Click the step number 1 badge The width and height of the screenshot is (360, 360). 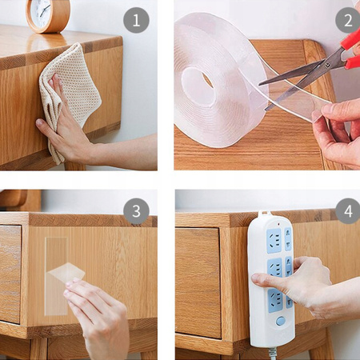(x=136, y=20)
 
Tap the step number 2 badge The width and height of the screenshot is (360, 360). (x=347, y=20)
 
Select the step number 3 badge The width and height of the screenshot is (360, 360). (x=136, y=211)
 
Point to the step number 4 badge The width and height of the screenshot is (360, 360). (x=348, y=211)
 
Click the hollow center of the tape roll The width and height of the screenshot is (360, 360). (x=199, y=86)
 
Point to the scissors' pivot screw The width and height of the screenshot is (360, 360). (x=327, y=65)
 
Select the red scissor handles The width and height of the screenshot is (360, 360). (x=350, y=50)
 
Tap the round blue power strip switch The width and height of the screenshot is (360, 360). (x=280, y=321)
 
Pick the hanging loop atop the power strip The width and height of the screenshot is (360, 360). (x=264, y=213)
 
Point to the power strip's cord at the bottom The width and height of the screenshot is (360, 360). (x=273, y=354)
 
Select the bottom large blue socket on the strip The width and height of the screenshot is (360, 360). (x=275, y=300)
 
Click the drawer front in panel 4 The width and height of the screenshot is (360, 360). (x=198, y=282)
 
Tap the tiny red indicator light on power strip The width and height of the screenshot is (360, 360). (x=278, y=224)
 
